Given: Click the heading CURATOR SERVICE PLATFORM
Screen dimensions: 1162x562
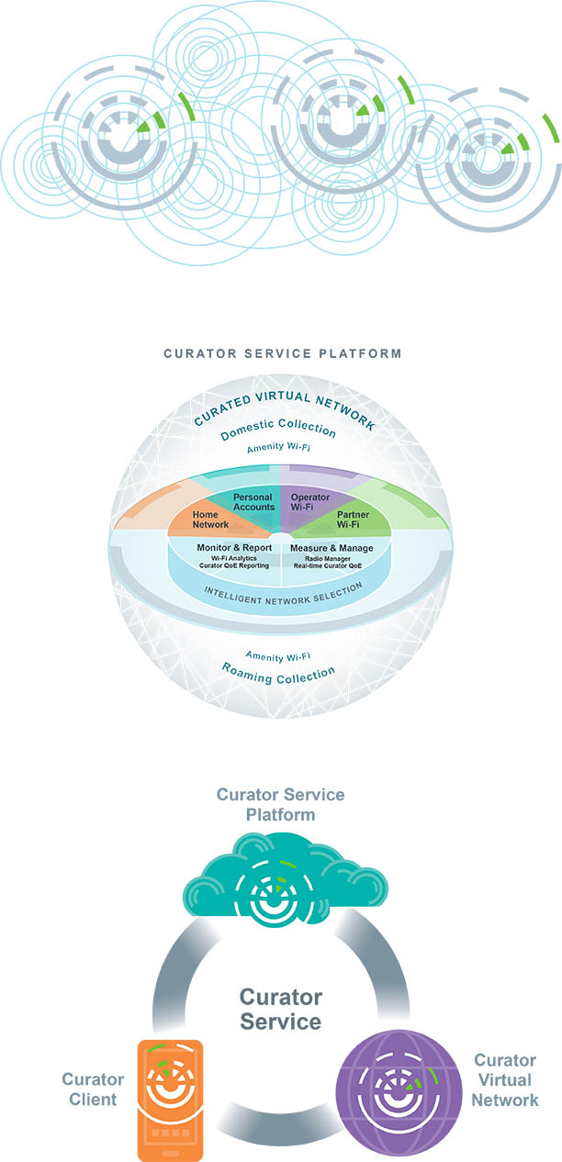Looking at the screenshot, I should click(x=282, y=352).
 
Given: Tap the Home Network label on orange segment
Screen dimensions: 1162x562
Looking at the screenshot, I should click(x=210, y=520).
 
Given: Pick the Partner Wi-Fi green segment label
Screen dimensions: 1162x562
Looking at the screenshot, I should click(x=353, y=520).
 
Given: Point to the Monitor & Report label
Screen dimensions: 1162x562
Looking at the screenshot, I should click(x=234, y=548).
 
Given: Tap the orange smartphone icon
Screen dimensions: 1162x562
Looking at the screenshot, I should click(x=170, y=1100).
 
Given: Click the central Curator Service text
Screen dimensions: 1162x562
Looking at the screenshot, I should click(x=281, y=1009).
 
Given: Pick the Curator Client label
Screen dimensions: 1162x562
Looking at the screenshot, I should click(x=89, y=1089).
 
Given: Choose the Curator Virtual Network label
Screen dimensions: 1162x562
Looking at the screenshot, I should click(x=506, y=1079).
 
